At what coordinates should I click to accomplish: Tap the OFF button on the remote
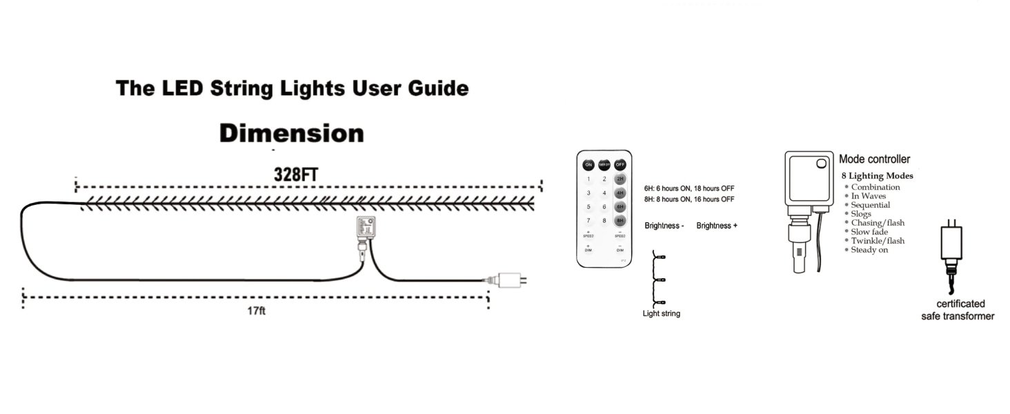[x=620, y=165]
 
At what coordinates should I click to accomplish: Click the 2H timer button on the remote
[x=620, y=179]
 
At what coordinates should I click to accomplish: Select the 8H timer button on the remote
[x=620, y=221]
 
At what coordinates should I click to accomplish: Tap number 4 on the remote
[x=604, y=193]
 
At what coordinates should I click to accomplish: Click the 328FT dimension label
[x=296, y=175]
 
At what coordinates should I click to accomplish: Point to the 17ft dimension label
[x=257, y=311]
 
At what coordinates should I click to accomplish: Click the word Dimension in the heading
[x=291, y=133]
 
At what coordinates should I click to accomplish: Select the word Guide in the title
[x=435, y=88]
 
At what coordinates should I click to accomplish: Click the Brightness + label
[x=717, y=226]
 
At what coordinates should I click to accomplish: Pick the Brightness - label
[x=664, y=226]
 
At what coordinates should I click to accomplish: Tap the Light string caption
[x=661, y=314]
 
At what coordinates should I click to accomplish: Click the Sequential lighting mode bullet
[x=870, y=205]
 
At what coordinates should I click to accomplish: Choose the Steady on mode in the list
[x=869, y=250]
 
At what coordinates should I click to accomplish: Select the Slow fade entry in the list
[x=869, y=232]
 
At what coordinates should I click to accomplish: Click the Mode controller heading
[x=874, y=159]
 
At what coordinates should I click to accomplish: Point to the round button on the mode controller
[x=821, y=164]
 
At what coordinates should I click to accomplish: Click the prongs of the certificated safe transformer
[x=951, y=224]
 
